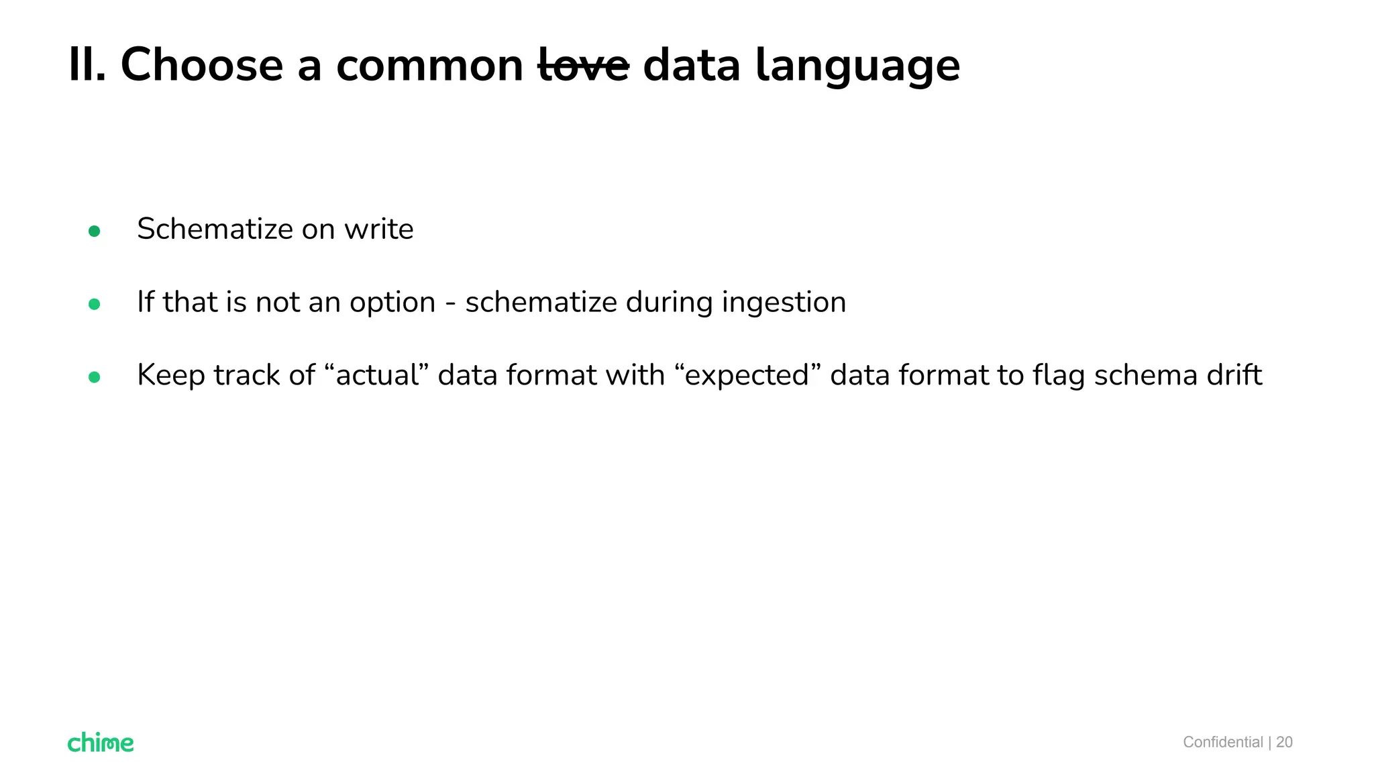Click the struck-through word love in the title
pyautogui.click(x=584, y=66)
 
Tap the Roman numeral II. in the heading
pyautogui.click(x=87, y=66)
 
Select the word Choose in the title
pyautogui.click(x=201, y=66)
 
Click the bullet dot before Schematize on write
pyautogui.click(x=94, y=231)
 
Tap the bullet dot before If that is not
pyautogui.click(x=94, y=305)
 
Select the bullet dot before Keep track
pyautogui.click(x=94, y=377)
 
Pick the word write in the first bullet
pyautogui.click(x=379, y=229)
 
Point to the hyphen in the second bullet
pyautogui.click(x=450, y=303)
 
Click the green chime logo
pyautogui.click(x=101, y=742)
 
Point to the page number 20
pyautogui.click(x=1284, y=742)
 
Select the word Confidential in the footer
pyautogui.click(x=1222, y=742)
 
